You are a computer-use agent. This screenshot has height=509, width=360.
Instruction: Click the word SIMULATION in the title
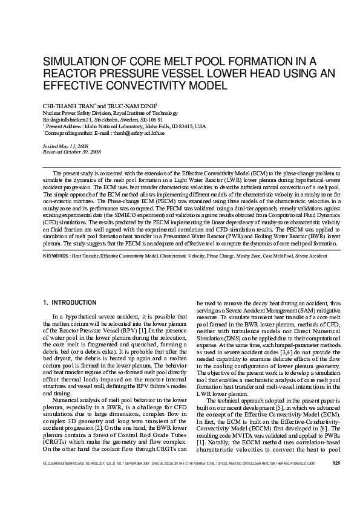[x=71, y=61]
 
